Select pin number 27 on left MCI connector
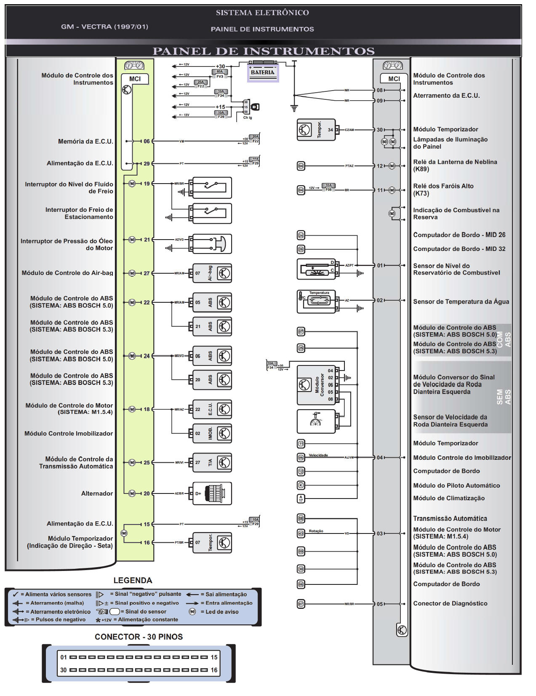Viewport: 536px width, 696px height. click(147, 273)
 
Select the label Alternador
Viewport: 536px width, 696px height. click(97, 493)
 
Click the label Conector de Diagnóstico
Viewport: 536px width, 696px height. click(450, 603)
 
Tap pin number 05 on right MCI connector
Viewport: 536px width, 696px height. click(380, 604)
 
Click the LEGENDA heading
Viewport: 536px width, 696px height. click(133, 580)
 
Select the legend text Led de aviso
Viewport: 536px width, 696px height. click(222, 611)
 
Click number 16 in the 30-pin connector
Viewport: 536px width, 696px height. click(214, 670)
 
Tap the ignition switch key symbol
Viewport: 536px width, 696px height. click(255, 107)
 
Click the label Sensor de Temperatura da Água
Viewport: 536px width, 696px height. click(461, 301)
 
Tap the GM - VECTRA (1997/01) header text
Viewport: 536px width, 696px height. click(104, 27)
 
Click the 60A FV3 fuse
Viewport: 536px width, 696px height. click(220, 74)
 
